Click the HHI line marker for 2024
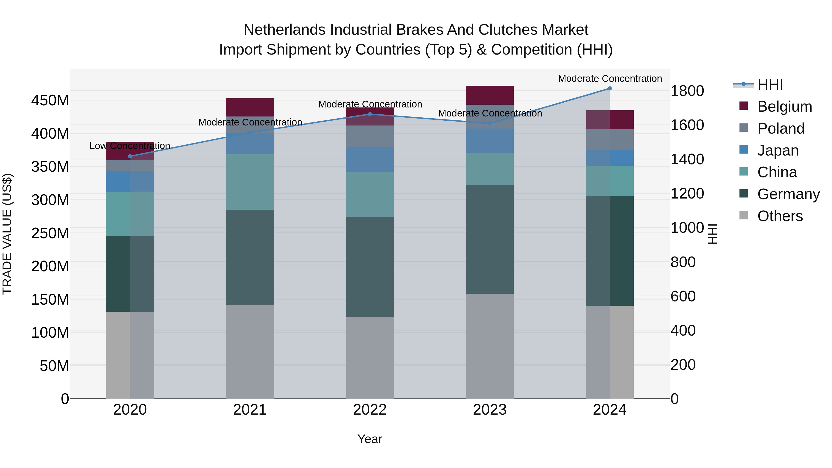click(x=609, y=89)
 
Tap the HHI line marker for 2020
click(x=130, y=156)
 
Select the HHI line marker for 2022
click(x=370, y=114)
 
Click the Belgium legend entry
click(x=784, y=107)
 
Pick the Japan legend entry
click(x=777, y=150)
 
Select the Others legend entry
click(x=780, y=216)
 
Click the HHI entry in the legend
click(x=770, y=85)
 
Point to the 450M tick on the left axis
click(x=50, y=101)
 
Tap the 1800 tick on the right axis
click(x=687, y=91)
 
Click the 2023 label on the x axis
click(x=490, y=410)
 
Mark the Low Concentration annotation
click(x=130, y=146)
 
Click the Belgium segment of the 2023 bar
click(x=490, y=95)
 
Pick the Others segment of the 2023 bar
click(x=490, y=346)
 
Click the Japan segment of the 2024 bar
click(x=609, y=158)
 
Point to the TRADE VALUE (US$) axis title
click(x=7, y=234)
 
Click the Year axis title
click(x=370, y=439)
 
